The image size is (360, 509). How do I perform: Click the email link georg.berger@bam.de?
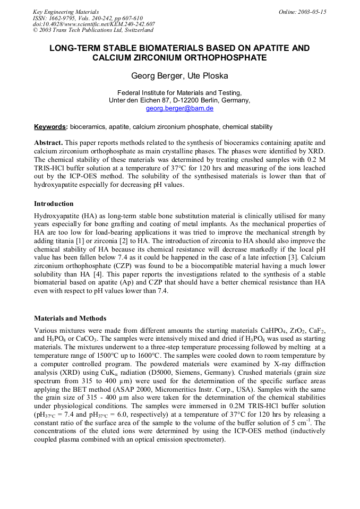click(179, 108)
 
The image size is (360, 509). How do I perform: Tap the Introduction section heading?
click(54, 204)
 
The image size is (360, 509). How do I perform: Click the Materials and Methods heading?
click(70, 318)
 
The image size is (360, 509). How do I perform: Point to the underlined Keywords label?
click(50, 127)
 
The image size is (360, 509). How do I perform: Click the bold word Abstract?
click(48, 143)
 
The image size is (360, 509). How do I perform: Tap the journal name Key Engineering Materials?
click(65, 12)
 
